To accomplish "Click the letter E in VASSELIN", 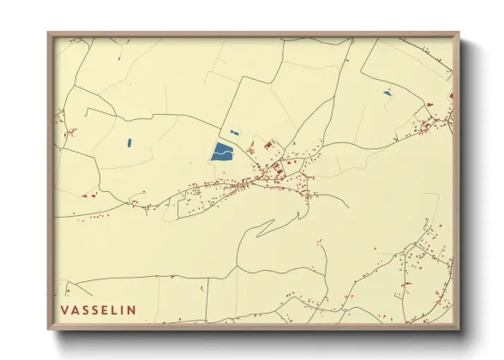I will [x=105, y=309].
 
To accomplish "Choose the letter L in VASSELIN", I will [x=114, y=309].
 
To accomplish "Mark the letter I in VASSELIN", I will [x=122, y=309].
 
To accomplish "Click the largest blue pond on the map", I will [x=222, y=153].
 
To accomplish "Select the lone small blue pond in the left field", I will [x=129, y=143].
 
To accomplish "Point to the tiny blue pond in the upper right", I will [x=387, y=93].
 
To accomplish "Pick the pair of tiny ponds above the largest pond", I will [x=233, y=132].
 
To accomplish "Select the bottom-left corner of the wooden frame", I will [x=50, y=328].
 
